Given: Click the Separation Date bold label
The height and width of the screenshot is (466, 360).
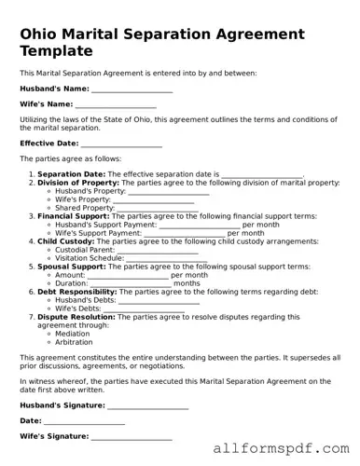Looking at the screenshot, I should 72,174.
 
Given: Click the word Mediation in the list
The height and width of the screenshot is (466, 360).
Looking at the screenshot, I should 73,334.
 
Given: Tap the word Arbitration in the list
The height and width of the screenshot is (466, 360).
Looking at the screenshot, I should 74,342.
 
